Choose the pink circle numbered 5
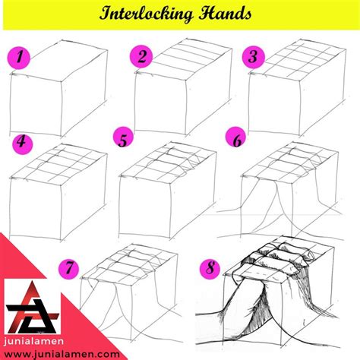coord(123,140)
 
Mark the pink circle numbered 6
coord(236,139)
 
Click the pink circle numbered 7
coord(70,267)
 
